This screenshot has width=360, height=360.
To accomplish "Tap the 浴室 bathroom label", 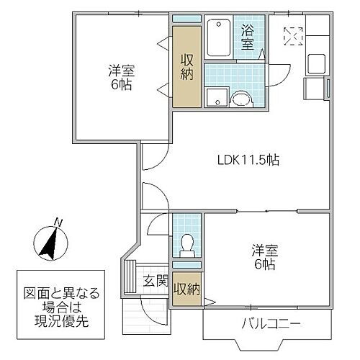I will coord(248,37).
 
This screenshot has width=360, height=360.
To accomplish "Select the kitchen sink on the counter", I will coord(318,63).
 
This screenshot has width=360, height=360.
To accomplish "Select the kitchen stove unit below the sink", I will coord(315,89).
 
